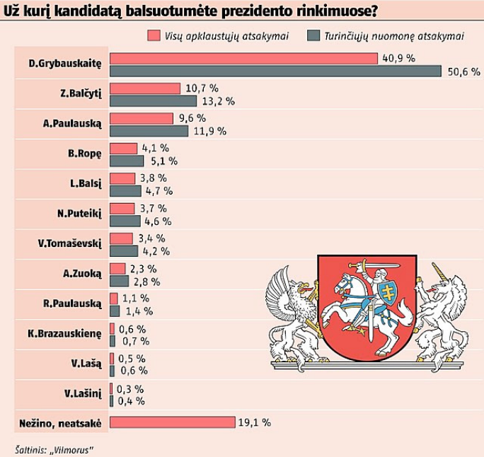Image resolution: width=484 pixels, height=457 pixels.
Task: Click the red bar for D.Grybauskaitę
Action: pyautogui.click(x=244, y=58)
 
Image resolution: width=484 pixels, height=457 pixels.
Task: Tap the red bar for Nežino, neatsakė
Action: pyautogui.click(x=172, y=422)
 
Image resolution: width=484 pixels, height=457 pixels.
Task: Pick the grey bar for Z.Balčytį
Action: pyautogui.click(x=153, y=100)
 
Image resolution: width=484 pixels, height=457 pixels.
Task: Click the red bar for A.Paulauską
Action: pyautogui.click(x=142, y=118)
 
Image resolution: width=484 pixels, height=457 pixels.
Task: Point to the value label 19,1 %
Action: pyautogui.click(x=255, y=422)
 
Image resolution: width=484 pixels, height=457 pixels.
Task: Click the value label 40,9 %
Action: pyautogui.click(x=398, y=58)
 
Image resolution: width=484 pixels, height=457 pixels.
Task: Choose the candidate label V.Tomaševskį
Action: pyautogui.click(x=70, y=243)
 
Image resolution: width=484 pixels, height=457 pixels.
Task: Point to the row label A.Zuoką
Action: pyautogui.click(x=83, y=274)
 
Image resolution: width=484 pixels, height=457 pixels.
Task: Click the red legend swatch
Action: pyautogui.click(x=153, y=35)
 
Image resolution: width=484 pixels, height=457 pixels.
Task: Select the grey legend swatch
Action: pyautogui.click(x=315, y=35)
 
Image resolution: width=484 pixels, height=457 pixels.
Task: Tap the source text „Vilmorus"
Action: pyautogui.click(x=72, y=449)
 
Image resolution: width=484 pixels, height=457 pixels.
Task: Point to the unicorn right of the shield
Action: pyautogui.click(x=443, y=315)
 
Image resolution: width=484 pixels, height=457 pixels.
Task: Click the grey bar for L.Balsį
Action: pyautogui.click(x=126, y=191)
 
